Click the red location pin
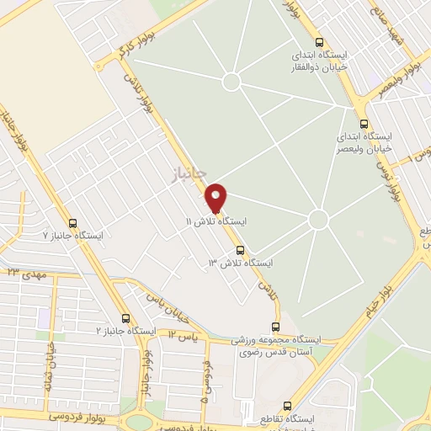pos(215,196)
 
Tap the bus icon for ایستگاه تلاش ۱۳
pos(241,250)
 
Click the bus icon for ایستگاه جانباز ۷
pos(72,224)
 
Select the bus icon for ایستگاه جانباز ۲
pos(126,318)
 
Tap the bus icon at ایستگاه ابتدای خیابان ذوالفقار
pos(318,42)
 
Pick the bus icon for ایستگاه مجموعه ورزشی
pos(278,327)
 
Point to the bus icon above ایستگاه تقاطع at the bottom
pos(289,406)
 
